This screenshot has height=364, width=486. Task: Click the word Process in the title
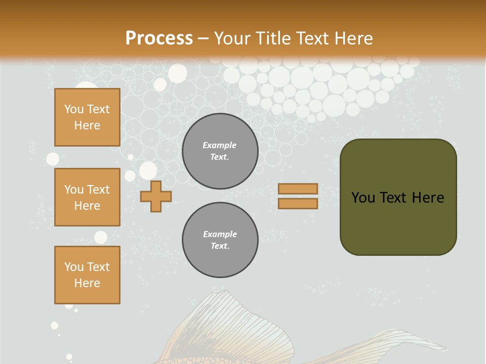point(159,38)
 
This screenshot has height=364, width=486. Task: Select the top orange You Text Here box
point(87,117)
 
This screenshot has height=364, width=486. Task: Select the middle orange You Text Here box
point(87,197)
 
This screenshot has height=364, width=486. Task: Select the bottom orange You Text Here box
point(87,275)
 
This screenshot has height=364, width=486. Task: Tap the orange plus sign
point(156,196)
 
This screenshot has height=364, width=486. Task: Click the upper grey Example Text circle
point(220,151)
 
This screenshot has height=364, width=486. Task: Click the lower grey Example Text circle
point(220,240)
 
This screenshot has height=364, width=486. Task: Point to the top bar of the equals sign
point(298,189)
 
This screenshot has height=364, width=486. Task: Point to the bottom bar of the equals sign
point(298,203)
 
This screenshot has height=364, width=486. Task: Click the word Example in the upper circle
point(220,145)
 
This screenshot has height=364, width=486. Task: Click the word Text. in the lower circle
point(220,246)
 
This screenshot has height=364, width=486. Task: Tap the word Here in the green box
point(428,198)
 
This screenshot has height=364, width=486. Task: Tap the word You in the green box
point(364,198)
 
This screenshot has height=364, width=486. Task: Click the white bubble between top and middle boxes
point(53,159)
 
